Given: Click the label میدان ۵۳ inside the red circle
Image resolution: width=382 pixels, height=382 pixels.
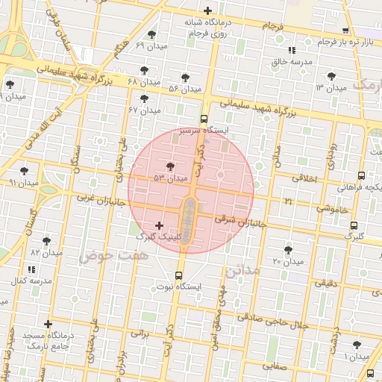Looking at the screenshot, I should (170, 178).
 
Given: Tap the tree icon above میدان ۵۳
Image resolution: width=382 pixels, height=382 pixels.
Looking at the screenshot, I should (171, 166).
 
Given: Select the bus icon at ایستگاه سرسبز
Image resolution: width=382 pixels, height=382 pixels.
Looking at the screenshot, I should (204, 119).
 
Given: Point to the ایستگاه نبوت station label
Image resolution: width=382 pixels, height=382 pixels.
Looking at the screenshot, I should (179, 286).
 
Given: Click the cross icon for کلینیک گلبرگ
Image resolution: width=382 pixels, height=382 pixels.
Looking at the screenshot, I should (158, 225).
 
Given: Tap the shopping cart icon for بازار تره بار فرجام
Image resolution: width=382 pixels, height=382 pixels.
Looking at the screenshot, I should (345, 31).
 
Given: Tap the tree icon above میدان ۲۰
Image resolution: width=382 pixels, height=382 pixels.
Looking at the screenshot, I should (288, 250).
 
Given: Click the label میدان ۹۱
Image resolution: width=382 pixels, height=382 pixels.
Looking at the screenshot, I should (23, 182).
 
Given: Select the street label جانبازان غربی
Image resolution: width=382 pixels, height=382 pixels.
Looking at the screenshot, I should (97, 200).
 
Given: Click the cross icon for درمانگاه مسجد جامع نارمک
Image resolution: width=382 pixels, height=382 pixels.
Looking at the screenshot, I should (48, 324).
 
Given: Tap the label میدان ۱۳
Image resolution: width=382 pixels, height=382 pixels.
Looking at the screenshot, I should (331, 88).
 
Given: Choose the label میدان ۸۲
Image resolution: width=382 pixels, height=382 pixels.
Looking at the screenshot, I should (46, 254).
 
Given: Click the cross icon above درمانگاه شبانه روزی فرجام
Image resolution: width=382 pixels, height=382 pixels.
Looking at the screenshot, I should (207, 11).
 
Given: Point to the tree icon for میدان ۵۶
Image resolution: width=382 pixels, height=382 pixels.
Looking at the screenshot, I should (185, 77).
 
